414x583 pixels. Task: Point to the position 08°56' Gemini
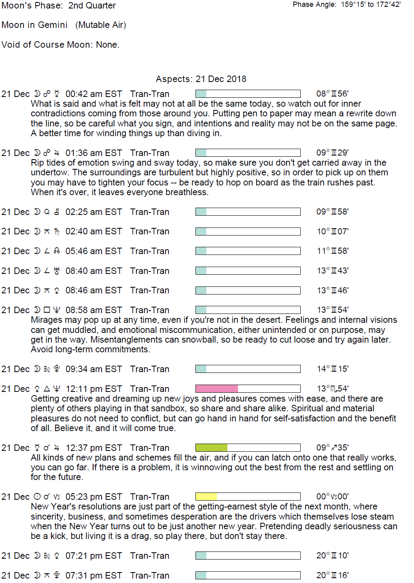pos(332,94)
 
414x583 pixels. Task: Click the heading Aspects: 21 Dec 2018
pos(201,79)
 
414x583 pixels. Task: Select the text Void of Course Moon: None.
pos(60,45)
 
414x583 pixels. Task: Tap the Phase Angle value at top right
pos(371,5)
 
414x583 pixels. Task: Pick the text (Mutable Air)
pos(101,25)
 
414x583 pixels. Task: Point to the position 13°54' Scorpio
pos(333,389)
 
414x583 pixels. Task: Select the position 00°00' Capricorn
pos(332,497)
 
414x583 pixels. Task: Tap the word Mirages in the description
pos(46,320)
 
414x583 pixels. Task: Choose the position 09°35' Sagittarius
pos(332,448)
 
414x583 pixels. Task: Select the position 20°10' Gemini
pos(332,556)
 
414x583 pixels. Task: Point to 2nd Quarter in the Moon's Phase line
pos(92,6)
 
